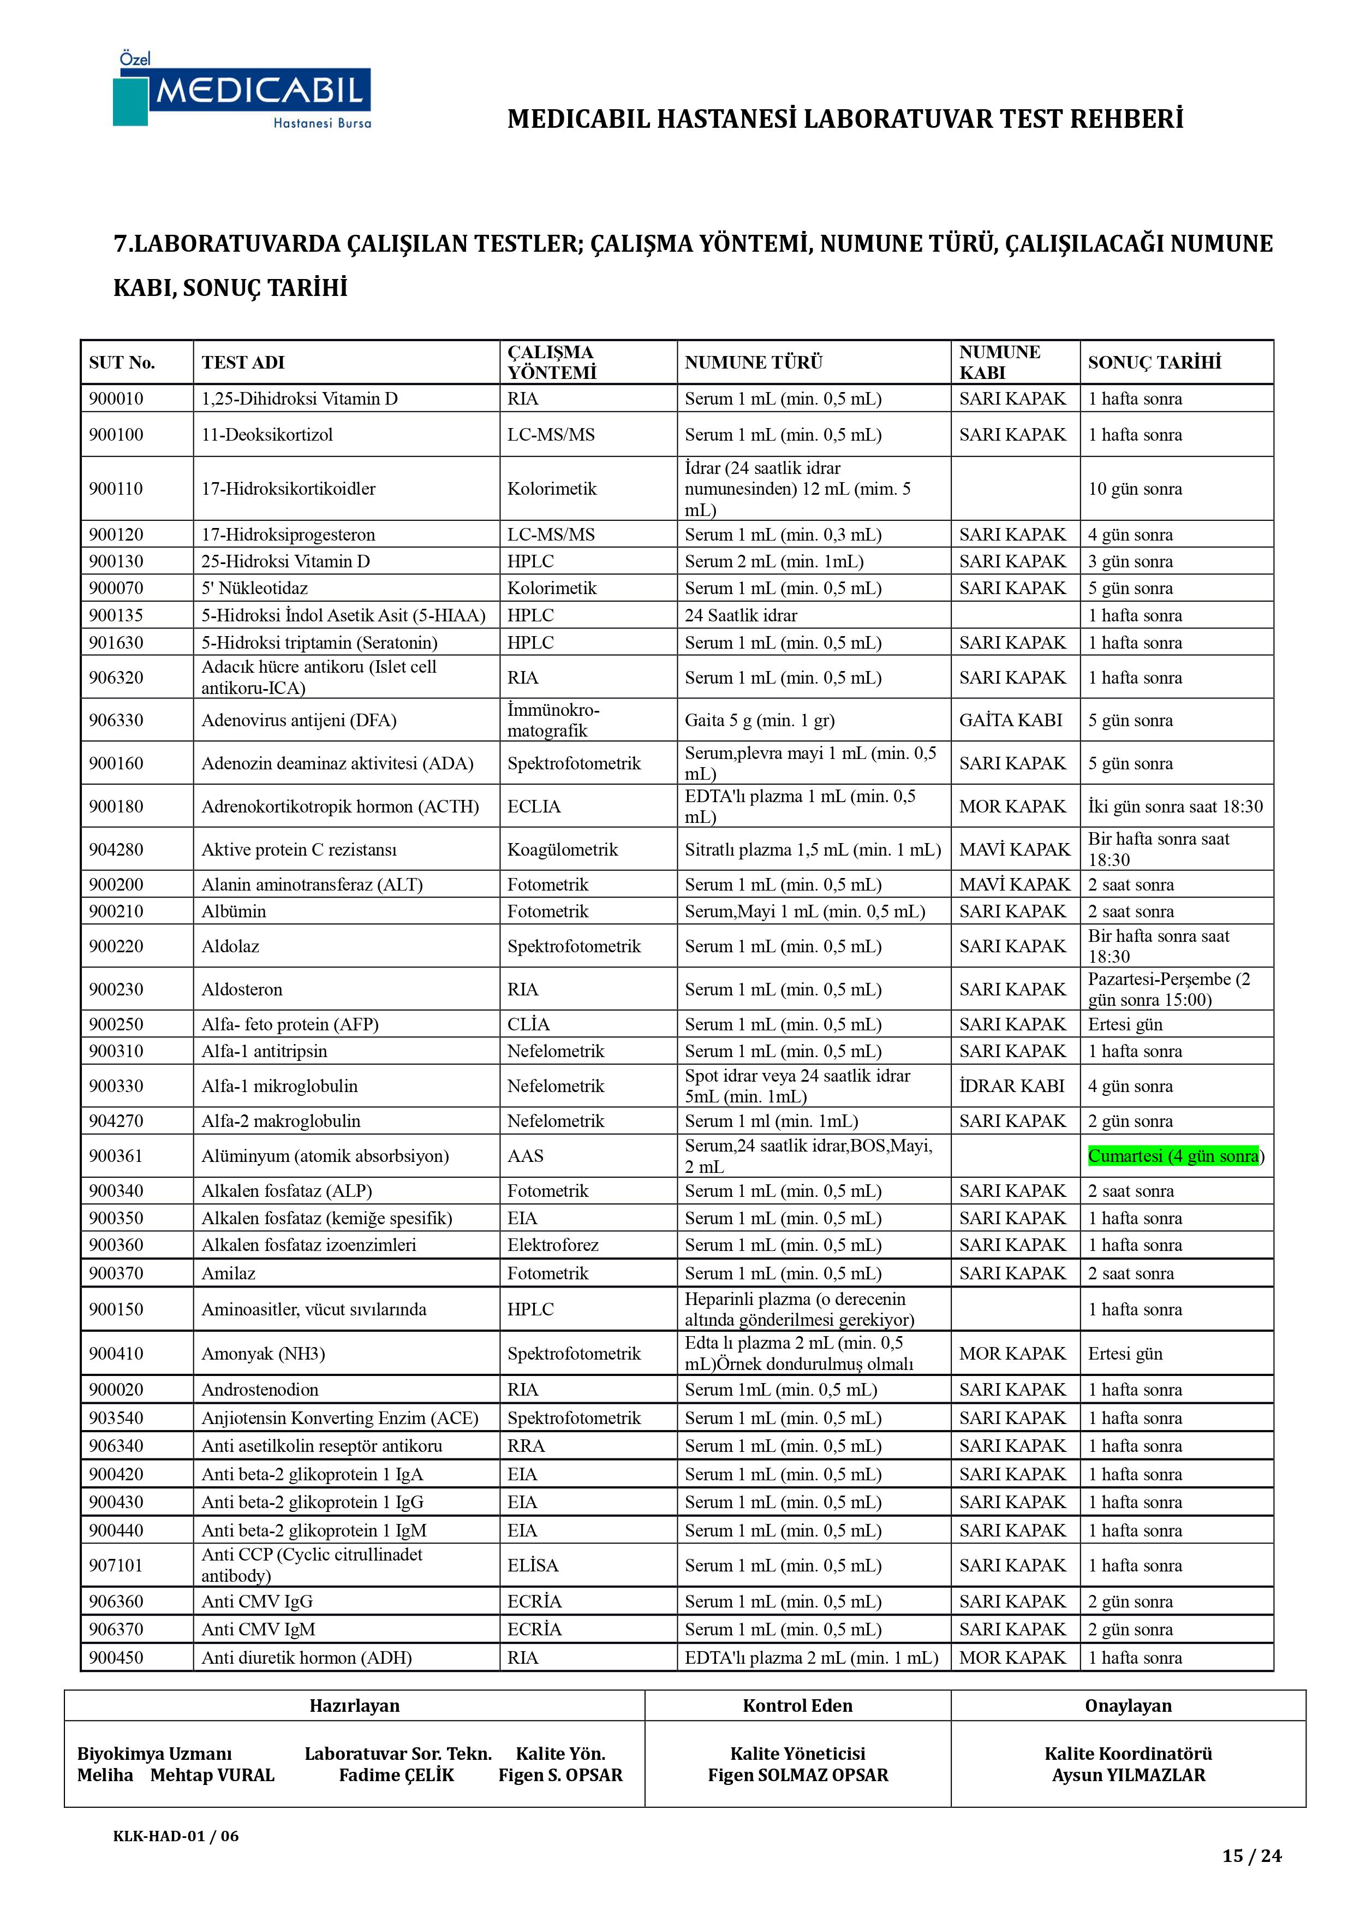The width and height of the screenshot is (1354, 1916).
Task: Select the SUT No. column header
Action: coord(122,362)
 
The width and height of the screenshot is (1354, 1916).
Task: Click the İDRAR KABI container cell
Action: coord(1011,1085)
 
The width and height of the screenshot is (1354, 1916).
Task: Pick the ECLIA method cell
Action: coord(534,806)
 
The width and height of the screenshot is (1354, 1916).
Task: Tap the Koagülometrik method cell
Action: coord(562,850)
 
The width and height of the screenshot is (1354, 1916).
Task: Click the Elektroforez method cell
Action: coord(553,1244)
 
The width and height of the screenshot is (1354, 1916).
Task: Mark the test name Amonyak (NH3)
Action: coord(263,1354)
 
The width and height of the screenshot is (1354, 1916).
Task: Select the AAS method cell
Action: coord(526,1156)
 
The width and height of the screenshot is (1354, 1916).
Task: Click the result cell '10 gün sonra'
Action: coord(1135,489)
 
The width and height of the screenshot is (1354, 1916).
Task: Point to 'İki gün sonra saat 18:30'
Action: coord(1174,806)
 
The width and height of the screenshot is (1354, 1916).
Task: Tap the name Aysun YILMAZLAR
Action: coord(1128,1775)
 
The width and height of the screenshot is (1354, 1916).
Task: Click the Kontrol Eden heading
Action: coord(797,1706)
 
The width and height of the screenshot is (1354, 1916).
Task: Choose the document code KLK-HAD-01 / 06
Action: coord(176,1835)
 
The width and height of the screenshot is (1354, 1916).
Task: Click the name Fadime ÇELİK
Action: coord(396,1775)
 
